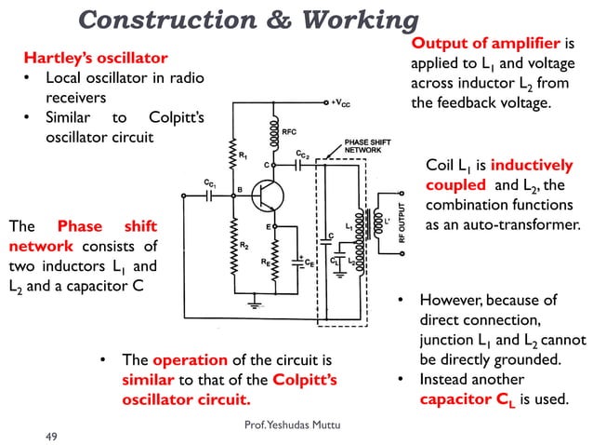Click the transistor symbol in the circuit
(270, 196)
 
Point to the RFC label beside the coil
(290, 132)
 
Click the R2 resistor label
(244, 245)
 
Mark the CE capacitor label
(311, 263)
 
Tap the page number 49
(53, 434)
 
